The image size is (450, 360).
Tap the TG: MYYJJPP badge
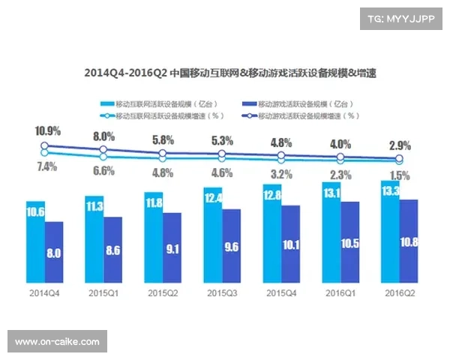tap(400, 19)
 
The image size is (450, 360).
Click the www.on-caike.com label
tap(57, 342)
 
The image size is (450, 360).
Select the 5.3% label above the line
tap(222, 140)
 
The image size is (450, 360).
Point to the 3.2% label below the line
tap(280, 173)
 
